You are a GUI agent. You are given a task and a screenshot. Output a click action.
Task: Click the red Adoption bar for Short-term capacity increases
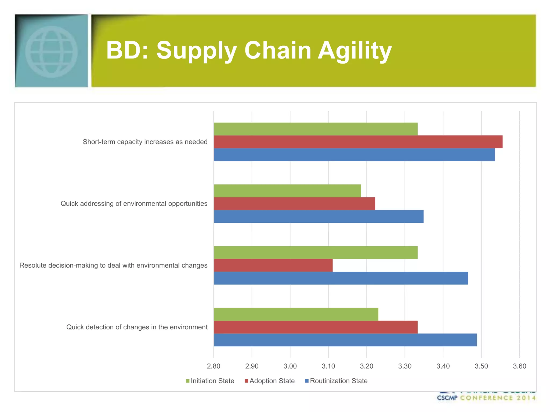358,142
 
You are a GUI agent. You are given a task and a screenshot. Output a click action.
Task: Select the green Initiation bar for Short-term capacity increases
316,129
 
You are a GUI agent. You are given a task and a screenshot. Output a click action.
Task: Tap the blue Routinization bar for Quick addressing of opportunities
319,216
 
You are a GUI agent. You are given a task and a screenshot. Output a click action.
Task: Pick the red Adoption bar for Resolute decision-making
273,265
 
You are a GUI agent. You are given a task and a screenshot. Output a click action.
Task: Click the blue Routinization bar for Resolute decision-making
341,278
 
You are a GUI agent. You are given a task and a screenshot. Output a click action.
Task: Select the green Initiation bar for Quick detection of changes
296,314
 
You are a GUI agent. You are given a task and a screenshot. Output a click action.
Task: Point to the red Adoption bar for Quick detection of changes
316,327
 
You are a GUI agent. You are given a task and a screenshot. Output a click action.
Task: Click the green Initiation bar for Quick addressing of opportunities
287,191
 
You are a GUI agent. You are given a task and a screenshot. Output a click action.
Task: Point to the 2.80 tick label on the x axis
214,366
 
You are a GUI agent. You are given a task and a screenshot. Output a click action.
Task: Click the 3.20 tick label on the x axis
367,366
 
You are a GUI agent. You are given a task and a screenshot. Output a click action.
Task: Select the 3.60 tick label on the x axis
519,366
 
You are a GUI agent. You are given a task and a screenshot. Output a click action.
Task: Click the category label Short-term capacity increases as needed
145,142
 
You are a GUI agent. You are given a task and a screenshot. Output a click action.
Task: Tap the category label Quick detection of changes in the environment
137,327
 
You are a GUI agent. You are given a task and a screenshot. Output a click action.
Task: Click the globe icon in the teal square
52,51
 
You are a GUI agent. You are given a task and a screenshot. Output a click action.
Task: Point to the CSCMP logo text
447,398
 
